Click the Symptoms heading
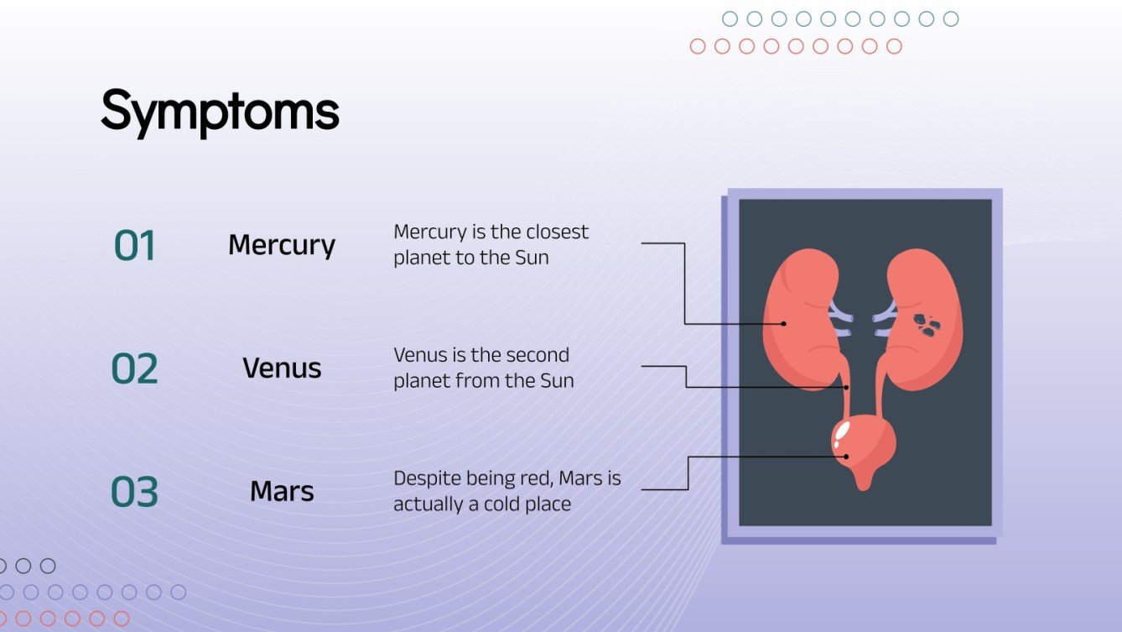click(x=220, y=112)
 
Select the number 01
click(x=135, y=247)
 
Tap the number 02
click(x=135, y=369)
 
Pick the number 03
click(x=135, y=492)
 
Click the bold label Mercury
click(x=282, y=245)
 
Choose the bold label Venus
click(x=282, y=368)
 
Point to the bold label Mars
click(x=282, y=491)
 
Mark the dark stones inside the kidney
click(x=926, y=325)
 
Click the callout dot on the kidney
click(x=784, y=323)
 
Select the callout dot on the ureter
click(x=846, y=387)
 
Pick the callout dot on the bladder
click(x=846, y=457)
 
